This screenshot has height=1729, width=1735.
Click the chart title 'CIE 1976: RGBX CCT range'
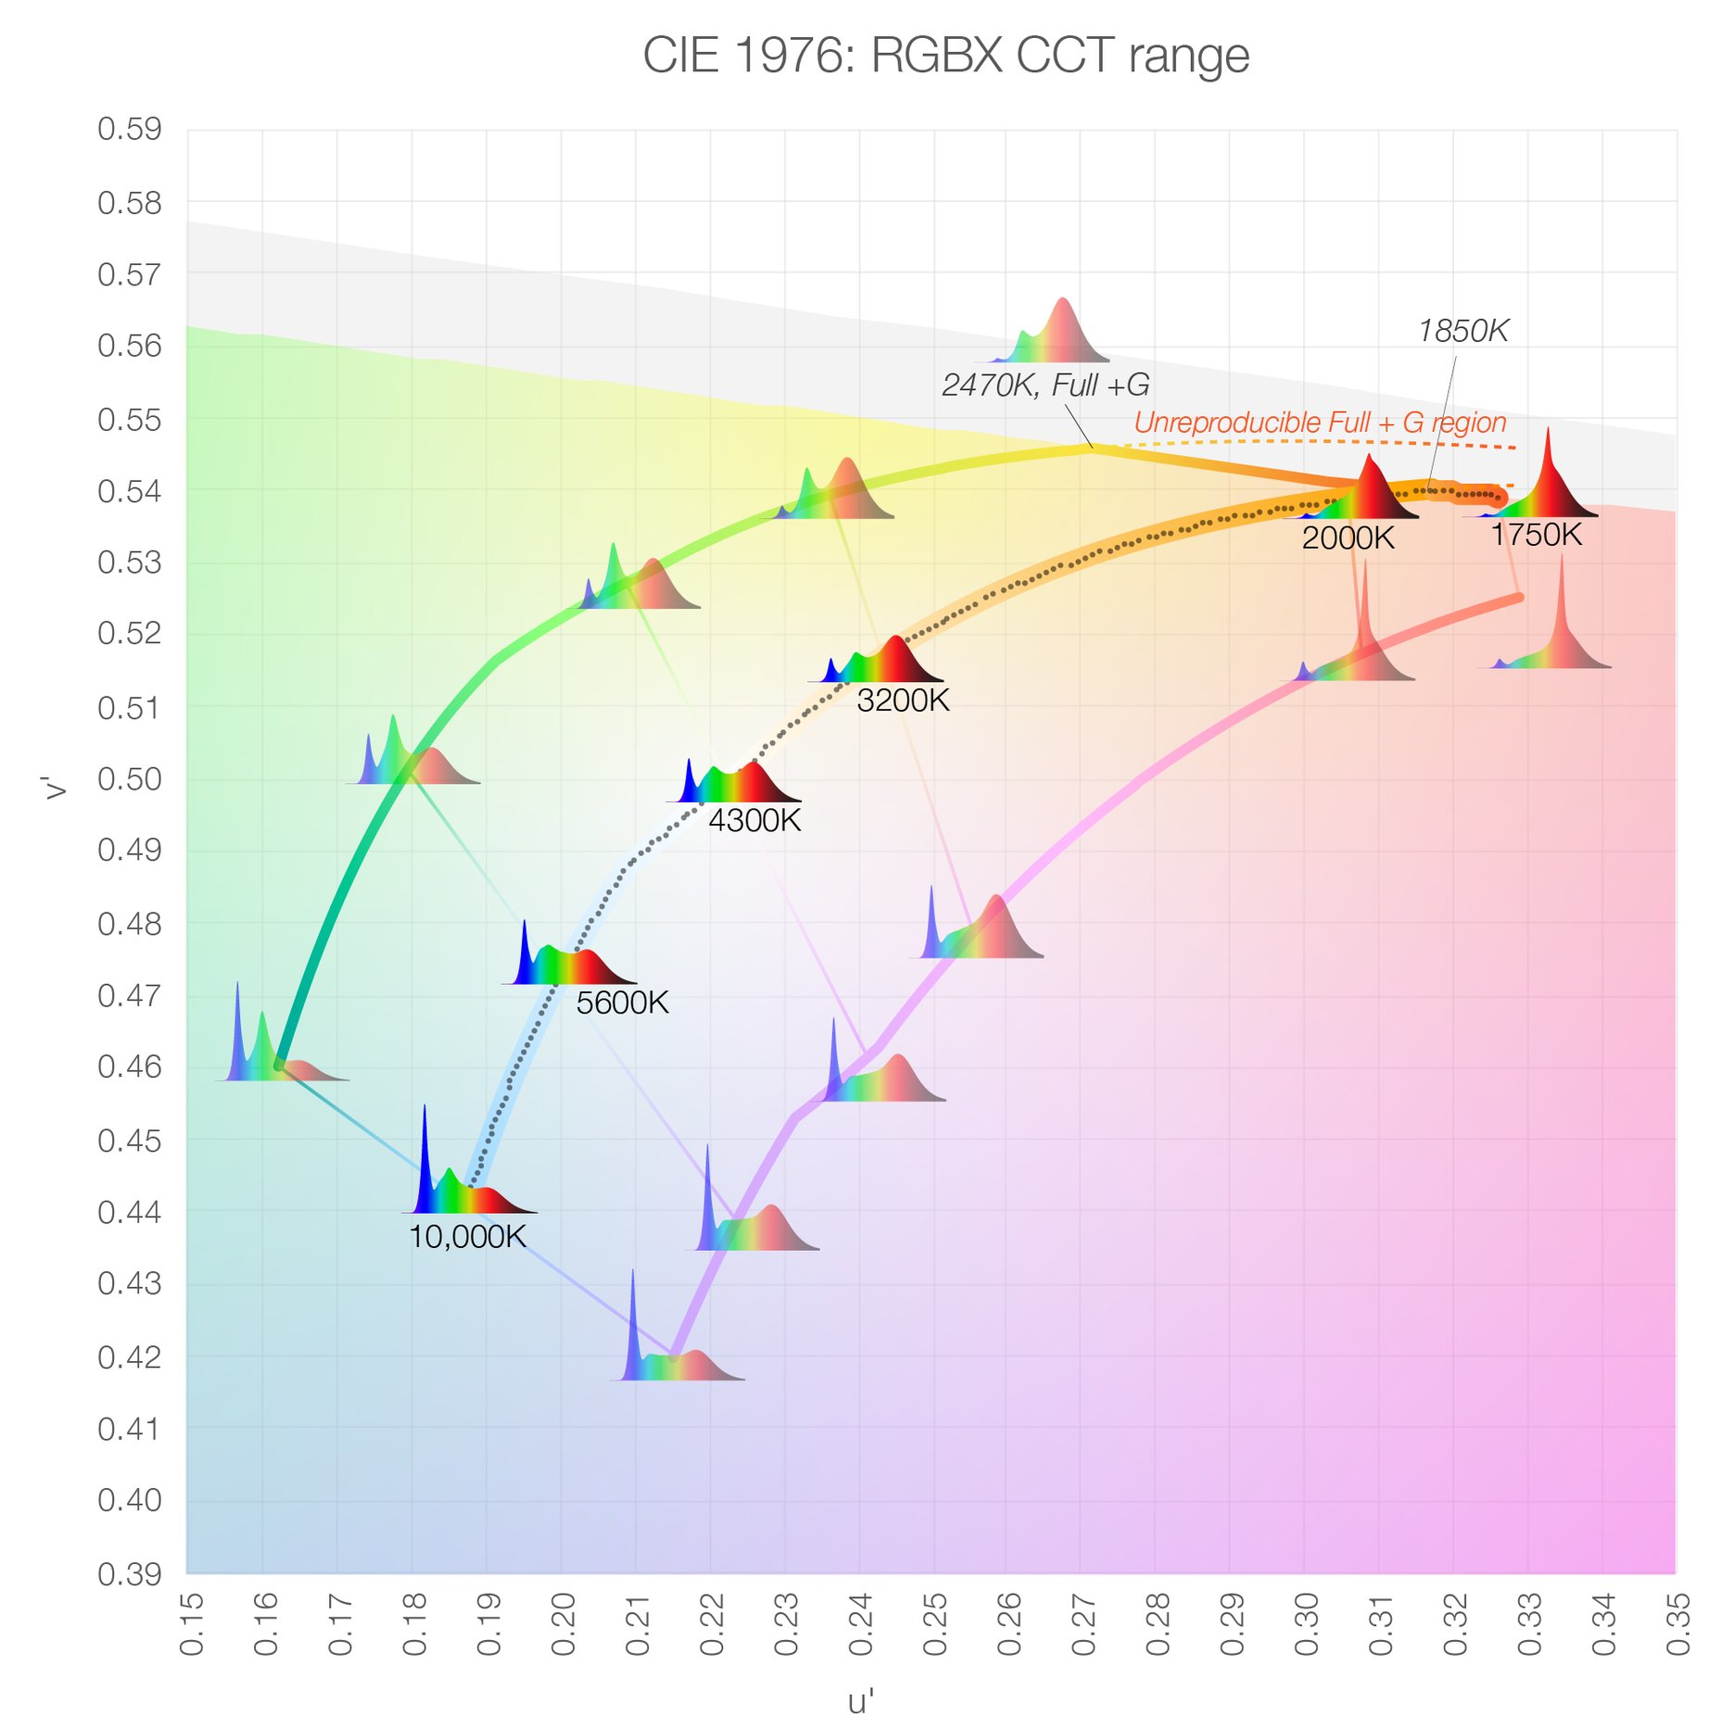pyautogui.click(x=945, y=56)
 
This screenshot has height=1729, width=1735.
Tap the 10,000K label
pyautogui.click(x=467, y=1237)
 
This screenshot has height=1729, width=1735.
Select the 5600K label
pyautogui.click(x=622, y=1003)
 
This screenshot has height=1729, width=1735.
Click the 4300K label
pyautogui.click(x=754, y=821)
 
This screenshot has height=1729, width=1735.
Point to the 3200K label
pyautogui.click(x=903, y=700)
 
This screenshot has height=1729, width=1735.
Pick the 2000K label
pyautogui.click(x=1348, y=538)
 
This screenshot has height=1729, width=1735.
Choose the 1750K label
pyautogui.click(x=1536, y=536)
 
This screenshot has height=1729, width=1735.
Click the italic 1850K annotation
pyautogui.click(x=1463, y=331)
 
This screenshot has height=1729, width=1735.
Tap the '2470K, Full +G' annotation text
pyautogui.click(x=1045, y=385)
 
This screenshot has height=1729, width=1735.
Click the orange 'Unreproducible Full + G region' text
pyautogui.click(x=1320, y=423)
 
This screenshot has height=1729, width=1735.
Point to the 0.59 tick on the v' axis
pyautogui.click(x=130, y=130)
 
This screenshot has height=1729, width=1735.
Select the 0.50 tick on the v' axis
pyautogui.click(x=130, y=779)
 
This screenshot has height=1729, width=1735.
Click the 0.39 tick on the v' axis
pyautogui.click(x=130, y=1573)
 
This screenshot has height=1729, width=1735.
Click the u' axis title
pyautogui.click(x=861, y=1701)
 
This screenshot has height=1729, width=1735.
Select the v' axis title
pyautogui.click(x=56, y=788)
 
